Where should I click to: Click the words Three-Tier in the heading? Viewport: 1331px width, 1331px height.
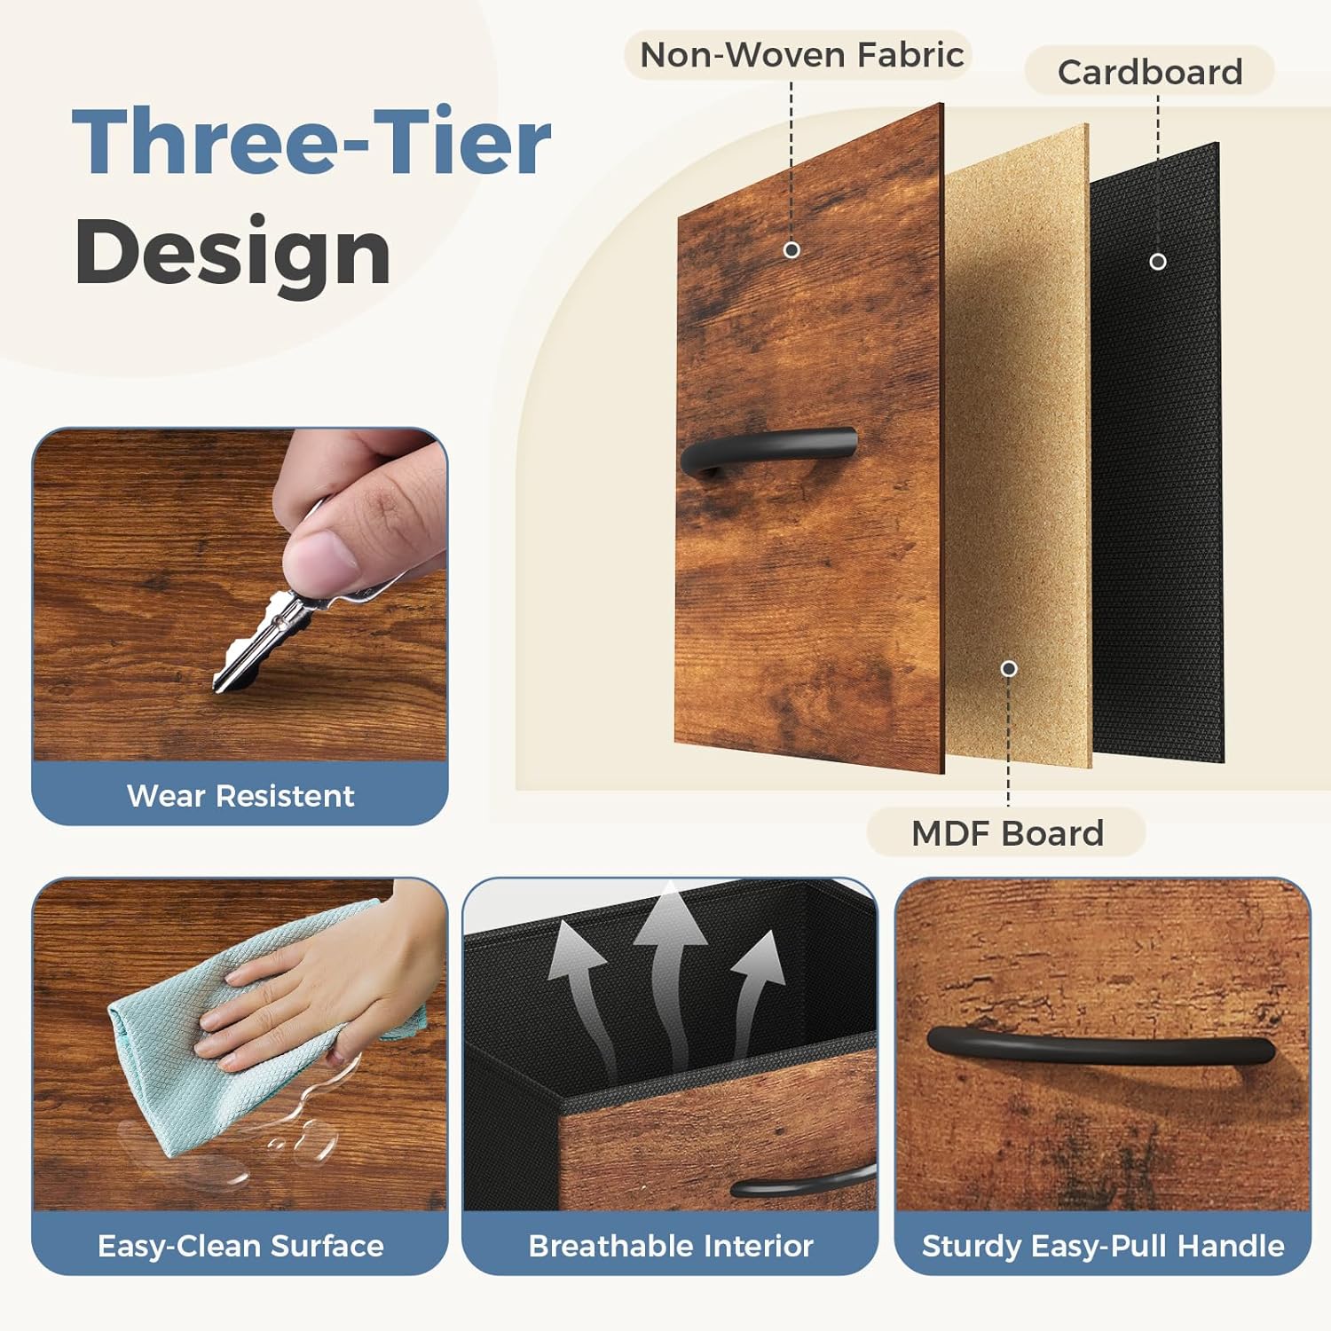point(311,142)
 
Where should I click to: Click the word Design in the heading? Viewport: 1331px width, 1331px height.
point(232,252)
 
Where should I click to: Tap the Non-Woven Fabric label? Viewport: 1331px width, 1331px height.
point(801,55)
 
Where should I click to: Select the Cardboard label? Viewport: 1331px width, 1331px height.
point(1150,72)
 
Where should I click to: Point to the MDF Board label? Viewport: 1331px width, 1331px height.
point(1007,833)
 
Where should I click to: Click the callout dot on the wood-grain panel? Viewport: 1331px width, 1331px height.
point(792,250)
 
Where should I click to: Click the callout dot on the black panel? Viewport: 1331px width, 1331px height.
point(1158,262)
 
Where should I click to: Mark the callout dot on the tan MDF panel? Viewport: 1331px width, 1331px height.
point(1009,669)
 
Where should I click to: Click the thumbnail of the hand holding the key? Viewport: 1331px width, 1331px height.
point(240,595)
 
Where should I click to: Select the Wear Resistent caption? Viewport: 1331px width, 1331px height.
point(240,796)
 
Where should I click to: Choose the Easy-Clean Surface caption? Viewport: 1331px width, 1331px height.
point(240,1246)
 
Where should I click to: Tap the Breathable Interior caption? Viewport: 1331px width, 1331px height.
point(671,1246)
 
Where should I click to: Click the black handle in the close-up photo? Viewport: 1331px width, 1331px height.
point(1100,1049)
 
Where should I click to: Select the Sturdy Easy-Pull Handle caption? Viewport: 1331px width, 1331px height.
point(1103,1246)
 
